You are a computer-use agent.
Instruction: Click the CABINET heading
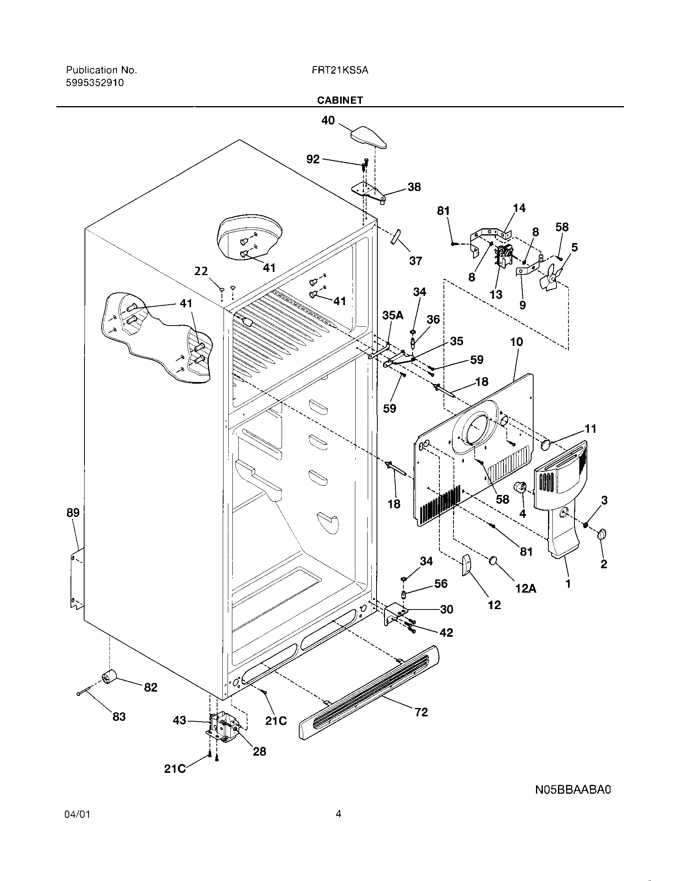click(340, 101)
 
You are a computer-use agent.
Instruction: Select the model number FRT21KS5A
click(340, 70)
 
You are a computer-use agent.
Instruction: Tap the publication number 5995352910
click(95, 83)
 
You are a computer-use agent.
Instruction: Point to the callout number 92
click(313, 159)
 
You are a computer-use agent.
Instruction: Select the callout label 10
click(516, 342)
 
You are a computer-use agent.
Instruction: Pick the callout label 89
click(73, 513)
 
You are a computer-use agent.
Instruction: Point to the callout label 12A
click(526, 589)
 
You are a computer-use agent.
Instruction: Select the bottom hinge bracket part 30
click(393, 615)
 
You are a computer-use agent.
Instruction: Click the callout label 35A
click(393, 316)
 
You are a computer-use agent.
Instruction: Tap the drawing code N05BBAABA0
click(573, 789)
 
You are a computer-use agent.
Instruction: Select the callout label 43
click(180, 720)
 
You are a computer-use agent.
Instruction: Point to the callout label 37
click(415, 261)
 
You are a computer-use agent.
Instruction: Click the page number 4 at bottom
click(338, 825)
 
